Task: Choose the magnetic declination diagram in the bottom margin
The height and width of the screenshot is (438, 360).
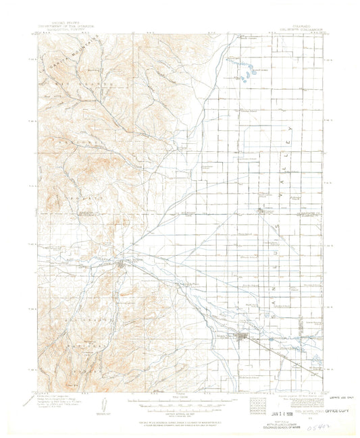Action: coord(103,404)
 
